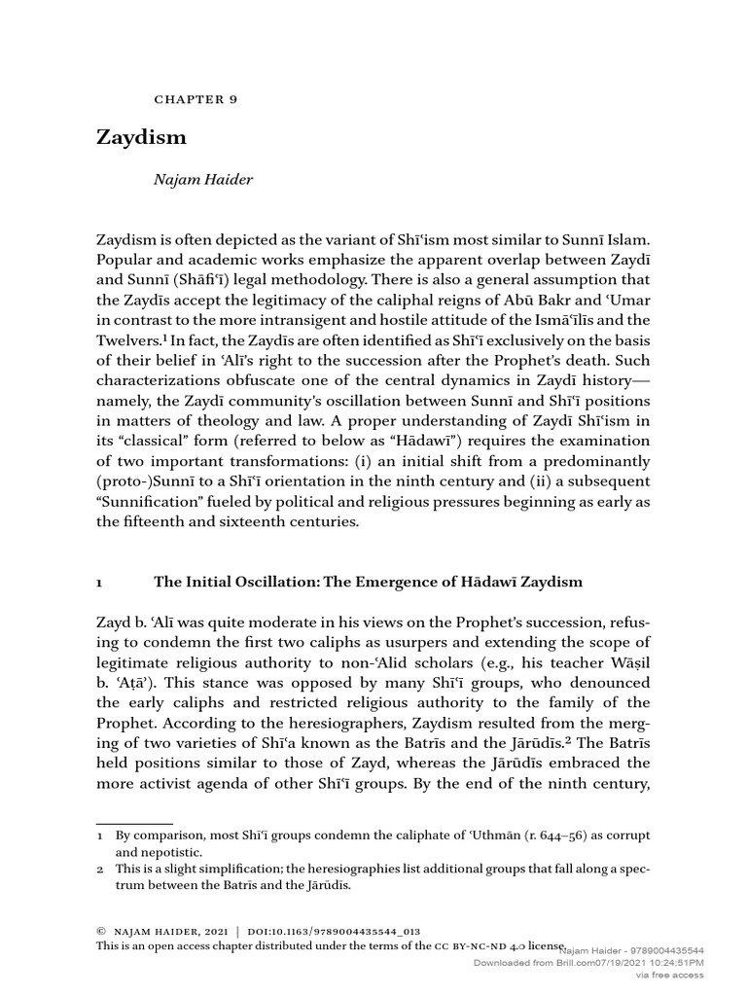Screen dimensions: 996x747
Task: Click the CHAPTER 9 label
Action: pos(196,99)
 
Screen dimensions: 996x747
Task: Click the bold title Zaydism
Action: pos(141,137)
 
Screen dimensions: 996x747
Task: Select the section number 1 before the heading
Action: pos(100,582)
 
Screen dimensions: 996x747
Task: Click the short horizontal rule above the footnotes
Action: pos(131,824)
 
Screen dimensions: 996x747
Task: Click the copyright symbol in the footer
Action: pos(101,931)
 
